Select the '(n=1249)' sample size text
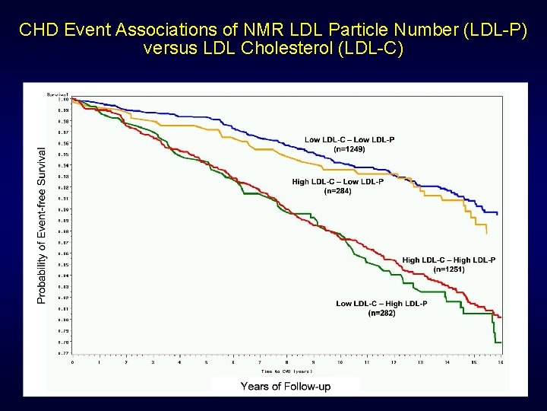[349, 149]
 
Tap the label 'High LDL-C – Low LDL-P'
[337, 182]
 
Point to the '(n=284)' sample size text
[337, 192]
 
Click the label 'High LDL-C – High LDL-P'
[449, 260]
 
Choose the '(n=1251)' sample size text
[449, 269]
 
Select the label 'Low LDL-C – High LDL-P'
[381, 304]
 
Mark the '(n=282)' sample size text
[381, 313]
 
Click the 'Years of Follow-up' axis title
[286, 387]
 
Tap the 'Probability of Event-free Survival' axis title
[41, 226]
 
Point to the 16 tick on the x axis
[500, 362]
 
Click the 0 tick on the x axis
[73, 362]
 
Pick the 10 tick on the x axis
[340, 362]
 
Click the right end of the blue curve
[498, 214]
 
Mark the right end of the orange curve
[486, 234]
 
